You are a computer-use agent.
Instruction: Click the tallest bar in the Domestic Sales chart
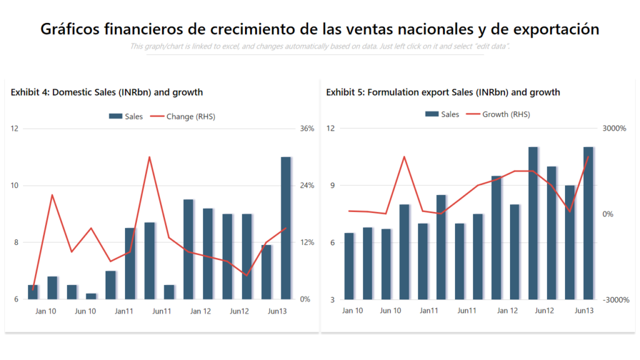286,228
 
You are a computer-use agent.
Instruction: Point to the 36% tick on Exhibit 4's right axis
307,129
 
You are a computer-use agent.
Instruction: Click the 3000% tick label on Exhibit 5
614,129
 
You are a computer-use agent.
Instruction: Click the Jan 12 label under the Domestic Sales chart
200,311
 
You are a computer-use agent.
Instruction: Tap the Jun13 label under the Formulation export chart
584,311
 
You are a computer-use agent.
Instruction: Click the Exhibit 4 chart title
107,92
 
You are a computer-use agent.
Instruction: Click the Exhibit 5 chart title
442,92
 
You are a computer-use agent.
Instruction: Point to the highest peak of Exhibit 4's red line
149,157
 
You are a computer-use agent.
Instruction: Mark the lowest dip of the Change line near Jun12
247,275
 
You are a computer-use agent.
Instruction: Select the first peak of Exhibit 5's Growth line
404,156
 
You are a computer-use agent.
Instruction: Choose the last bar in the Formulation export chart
588,223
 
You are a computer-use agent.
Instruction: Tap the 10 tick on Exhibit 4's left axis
15,186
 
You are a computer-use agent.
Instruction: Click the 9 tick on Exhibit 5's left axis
331,186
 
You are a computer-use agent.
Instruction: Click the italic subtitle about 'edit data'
320,46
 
